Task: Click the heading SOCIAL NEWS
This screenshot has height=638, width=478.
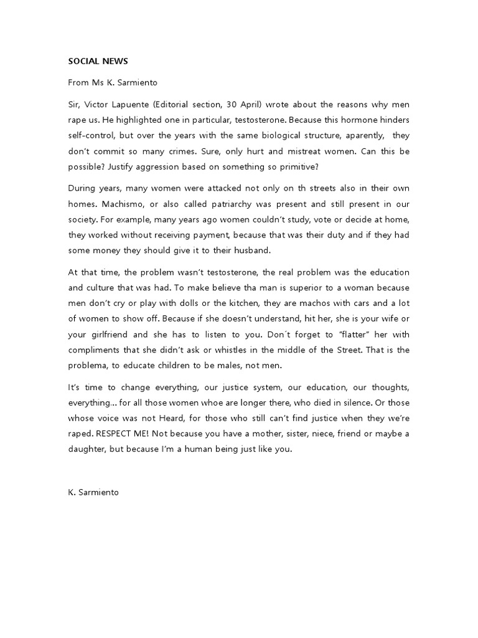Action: [x=98, y=62]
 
